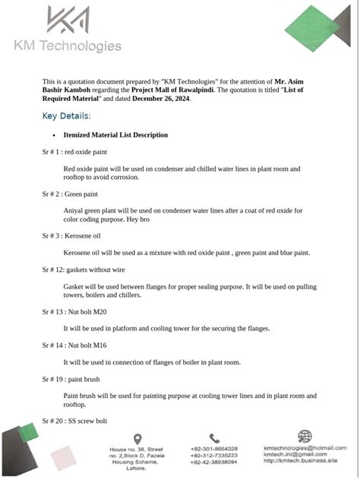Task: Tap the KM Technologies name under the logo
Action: click(x=68, y=46)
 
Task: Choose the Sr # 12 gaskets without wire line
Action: click(x=84, y=270)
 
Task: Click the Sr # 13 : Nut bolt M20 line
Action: click(x=79, y=311)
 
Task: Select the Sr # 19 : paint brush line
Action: click(x=77, y=378)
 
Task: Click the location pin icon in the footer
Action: click(x=137, y=438)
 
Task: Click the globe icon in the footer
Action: click(x=304, y=437)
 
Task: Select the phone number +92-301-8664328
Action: click(x=214, y=449)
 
